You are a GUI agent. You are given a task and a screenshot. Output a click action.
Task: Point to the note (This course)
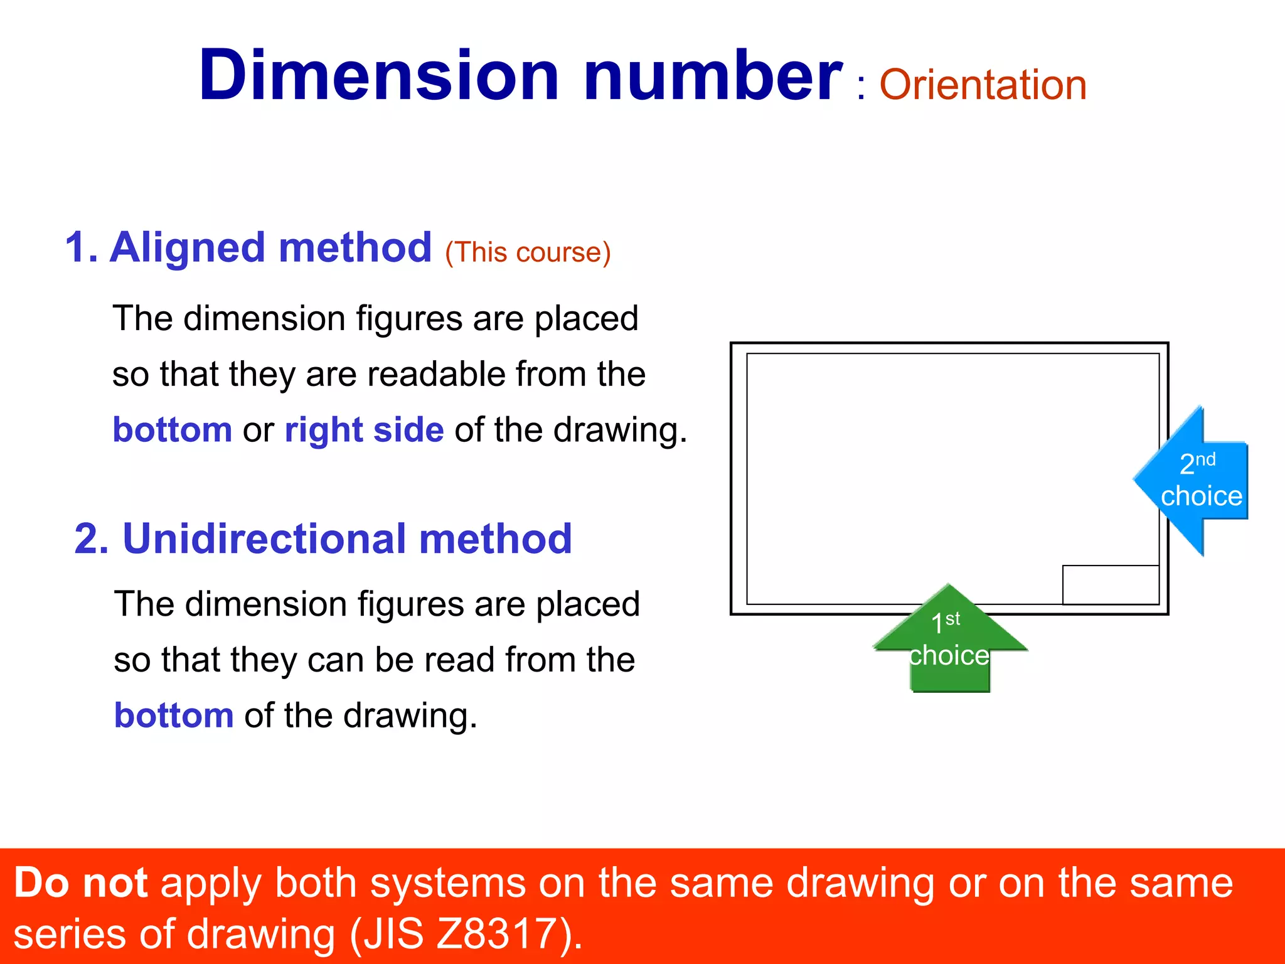point(528,252)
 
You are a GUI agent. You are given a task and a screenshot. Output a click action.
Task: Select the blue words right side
point(365,430)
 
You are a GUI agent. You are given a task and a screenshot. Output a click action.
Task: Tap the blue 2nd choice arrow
point(1196,481)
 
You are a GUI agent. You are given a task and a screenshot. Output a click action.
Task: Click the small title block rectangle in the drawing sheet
point(1110,584)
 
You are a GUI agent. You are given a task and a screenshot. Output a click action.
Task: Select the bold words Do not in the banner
point(80,883)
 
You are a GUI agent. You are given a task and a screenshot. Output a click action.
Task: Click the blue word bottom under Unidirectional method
point(174,715)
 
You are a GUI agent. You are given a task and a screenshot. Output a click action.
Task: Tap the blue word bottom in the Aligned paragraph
point(172,430)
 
